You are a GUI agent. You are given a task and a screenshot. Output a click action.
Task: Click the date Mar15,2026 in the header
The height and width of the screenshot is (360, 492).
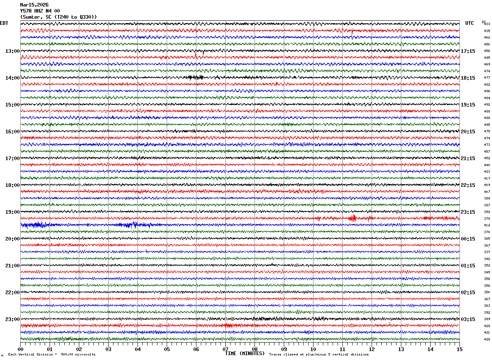[x=34, y=5]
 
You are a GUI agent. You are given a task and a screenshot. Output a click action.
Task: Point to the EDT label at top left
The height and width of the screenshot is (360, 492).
[x=4, y=23]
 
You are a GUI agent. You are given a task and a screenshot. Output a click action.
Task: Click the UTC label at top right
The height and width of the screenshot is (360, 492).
[x=470, y=23]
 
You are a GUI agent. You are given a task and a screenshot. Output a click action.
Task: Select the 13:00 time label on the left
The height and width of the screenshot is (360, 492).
[x=12, y=51]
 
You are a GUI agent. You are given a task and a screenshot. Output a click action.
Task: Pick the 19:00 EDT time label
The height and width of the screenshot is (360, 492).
[x=12, y=212]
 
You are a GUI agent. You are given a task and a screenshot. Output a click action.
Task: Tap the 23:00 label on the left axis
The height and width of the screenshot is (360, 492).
[x=12, y=319]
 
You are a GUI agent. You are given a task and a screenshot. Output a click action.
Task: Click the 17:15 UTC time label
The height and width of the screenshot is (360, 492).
[x=468, y=51]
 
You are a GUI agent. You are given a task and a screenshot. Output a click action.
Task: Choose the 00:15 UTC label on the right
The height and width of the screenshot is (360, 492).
[x=468, y=239]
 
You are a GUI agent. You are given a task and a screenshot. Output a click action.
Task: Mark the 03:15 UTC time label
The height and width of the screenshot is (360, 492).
[x=468, y=319]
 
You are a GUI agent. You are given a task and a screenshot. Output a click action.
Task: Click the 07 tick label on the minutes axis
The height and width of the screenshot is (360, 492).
[x=225, y=349]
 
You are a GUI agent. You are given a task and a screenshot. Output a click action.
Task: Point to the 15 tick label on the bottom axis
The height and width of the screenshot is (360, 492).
[x=459, y=349]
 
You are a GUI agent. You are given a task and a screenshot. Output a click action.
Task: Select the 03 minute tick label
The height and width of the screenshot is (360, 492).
[x=108, y=349]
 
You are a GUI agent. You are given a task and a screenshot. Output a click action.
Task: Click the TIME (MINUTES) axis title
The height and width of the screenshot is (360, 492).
[x=245, y=353]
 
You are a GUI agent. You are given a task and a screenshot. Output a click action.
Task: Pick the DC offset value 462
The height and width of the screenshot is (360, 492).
[x=487, y=38]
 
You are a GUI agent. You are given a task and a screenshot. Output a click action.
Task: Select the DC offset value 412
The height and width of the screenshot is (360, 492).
[x=487, y=226]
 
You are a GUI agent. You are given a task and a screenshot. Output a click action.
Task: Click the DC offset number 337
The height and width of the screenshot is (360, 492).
[x=487, y=252]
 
